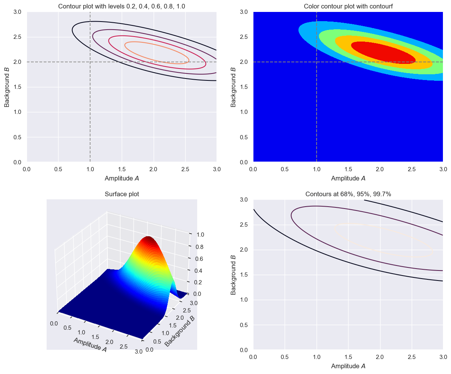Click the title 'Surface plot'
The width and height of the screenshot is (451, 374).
click(x=122, y=194)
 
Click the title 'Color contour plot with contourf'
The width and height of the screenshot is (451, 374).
click(x=348, y=7)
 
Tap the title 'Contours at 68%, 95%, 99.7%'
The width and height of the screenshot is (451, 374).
click(x=348, y=194)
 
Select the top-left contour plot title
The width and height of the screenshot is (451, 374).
click(x=122, y=7)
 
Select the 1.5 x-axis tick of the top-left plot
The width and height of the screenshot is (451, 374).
click(x=122, y=169)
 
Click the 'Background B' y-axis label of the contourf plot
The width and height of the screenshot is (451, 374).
click(x=233, y=87)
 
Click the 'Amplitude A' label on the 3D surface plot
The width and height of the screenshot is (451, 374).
click(x=90, y=345)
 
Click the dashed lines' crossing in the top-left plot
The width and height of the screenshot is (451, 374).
click(x=90, y=62)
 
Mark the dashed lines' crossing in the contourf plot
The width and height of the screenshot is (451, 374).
click(x=317, y=62)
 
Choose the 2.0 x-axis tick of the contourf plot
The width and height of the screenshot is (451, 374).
click(x=380, y=169)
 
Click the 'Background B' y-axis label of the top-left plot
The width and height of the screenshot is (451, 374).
click(x=7, y=87)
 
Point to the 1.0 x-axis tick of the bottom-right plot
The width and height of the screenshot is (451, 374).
click(x=317, y=357)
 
